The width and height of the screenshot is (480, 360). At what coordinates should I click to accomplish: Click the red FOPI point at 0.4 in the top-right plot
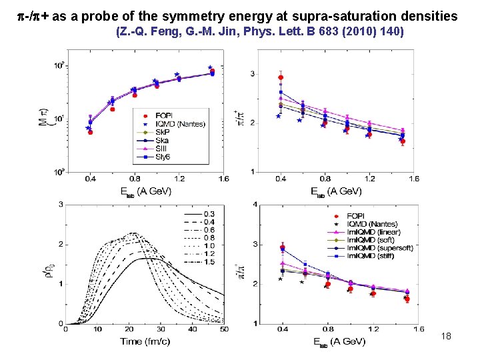point(281,77)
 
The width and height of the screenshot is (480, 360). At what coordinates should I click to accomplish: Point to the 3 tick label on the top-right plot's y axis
point(253,73)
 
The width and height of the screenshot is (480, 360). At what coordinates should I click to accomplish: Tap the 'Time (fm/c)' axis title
point(141,341)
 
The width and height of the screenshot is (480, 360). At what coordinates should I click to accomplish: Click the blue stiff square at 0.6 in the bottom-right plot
point(305,265)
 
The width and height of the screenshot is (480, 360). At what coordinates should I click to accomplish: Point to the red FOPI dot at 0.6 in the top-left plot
point(113,109)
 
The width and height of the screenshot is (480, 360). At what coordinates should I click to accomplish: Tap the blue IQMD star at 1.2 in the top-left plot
point(177,74)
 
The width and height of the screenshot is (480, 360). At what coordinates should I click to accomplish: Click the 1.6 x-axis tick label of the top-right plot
point(414,179)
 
